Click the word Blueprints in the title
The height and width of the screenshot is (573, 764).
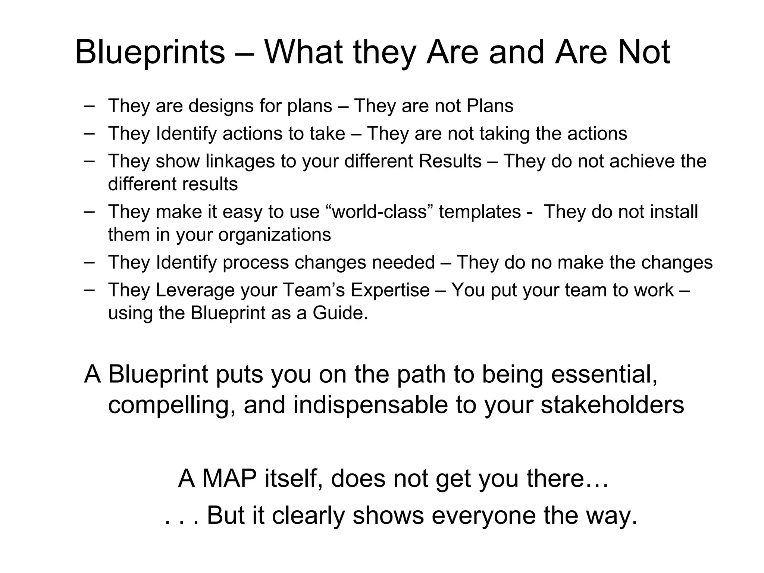[150, 52]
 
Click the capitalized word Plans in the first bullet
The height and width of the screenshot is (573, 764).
[490, 106]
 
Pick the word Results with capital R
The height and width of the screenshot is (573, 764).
[450, 161]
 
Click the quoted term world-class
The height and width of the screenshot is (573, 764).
[379, 212]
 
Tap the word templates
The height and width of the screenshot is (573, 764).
[480, 212]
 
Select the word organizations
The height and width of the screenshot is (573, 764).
[275, 235]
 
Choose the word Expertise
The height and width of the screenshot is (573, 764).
[390, 290]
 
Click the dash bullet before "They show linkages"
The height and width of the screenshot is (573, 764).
[89, 161]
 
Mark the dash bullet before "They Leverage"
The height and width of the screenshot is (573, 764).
[89, 290]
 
